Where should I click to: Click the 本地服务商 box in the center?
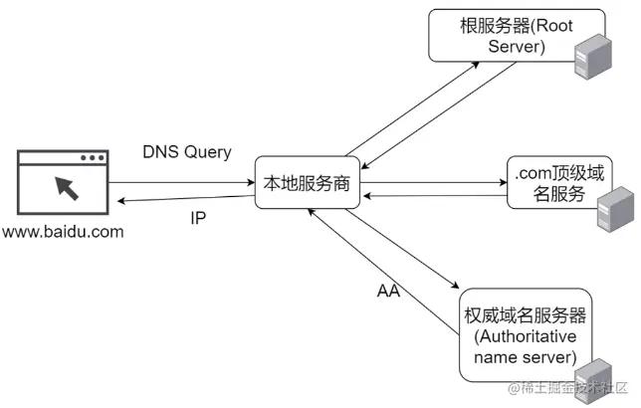[306, 183]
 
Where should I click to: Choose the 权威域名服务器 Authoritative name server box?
[525, 334]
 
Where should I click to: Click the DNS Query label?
[187, 152]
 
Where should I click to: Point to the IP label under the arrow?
[198, 217]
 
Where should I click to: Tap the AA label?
[388, 293]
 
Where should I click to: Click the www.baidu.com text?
[62, 233]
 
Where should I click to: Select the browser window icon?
[62, 184]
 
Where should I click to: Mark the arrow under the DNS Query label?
[180, 183]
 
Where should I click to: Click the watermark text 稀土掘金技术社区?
[573, 389]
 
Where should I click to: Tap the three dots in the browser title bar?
[92, 158]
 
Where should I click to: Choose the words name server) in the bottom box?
[526, 356]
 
